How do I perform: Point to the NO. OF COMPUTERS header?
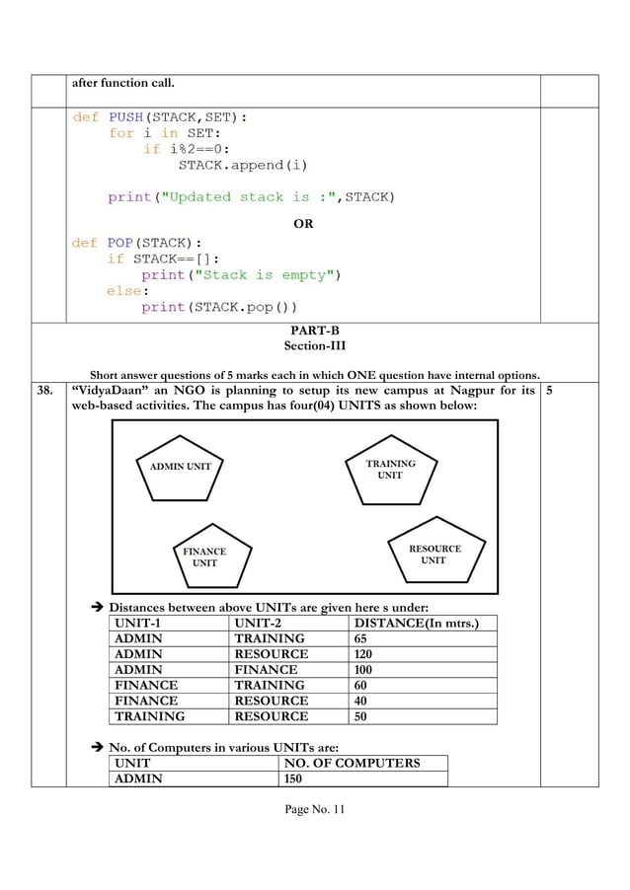pos(352,763)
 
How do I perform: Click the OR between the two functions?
pos(304,224)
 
